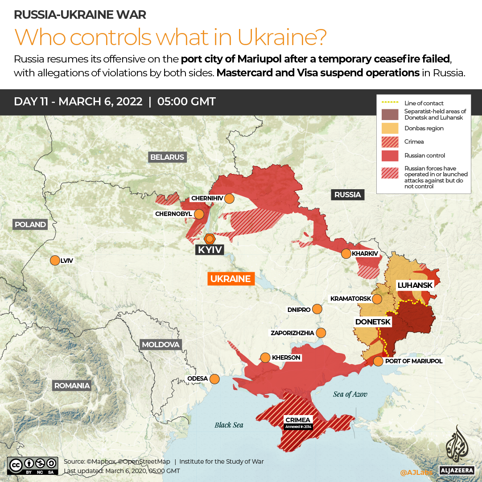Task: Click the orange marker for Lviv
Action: pos(55,260)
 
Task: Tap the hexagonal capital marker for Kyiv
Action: pos(209,238)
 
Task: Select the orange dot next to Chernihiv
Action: pos(229,198)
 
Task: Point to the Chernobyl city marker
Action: pos(199,214)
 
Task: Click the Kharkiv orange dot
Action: pos(346,253)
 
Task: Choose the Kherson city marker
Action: pos(265,357)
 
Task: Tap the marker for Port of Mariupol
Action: pos(378,361)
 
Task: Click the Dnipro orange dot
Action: pos(317,309)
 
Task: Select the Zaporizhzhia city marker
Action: pos(321,332)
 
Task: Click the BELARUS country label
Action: pos(167,157)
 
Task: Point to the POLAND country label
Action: pos(30,224)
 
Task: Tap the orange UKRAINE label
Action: pos(231,279)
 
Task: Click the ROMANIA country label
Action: pos(72,386)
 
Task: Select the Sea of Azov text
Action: pos(350,394)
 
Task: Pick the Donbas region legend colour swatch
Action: pos(390,128)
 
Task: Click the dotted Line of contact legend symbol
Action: pos(390,104)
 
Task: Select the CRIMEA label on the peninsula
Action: pos(298,420)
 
